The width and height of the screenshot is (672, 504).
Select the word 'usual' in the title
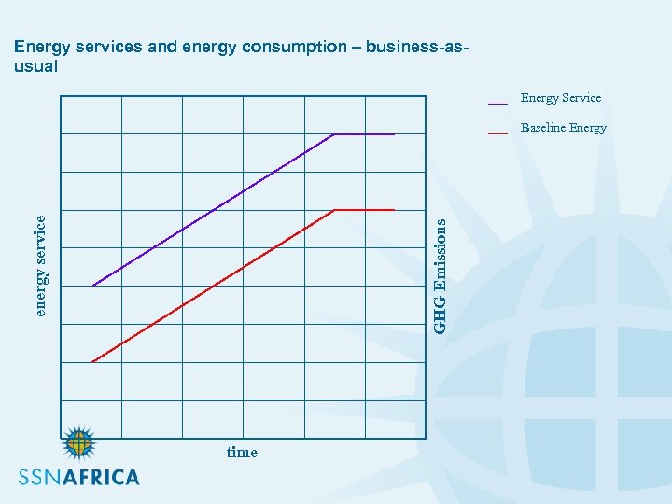coord(36,66)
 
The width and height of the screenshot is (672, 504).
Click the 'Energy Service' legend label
coord(561,98)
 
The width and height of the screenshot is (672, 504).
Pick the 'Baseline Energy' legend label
coord(564,128)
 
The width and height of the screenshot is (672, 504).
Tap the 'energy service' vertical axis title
coord(39,265)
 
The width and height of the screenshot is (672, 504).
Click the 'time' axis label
coord(242,453)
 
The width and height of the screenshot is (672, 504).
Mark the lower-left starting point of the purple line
coord(92,286)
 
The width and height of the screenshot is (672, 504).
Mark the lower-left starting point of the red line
coord(92,361)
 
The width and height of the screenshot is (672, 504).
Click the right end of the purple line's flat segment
coord(395,134)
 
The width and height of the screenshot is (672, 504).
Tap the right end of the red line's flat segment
coord(395,210)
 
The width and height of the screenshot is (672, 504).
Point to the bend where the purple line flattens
coord(334,134)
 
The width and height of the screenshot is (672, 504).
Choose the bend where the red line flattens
coord(334,210)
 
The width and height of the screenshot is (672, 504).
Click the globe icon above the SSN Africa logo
coord(79,444)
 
